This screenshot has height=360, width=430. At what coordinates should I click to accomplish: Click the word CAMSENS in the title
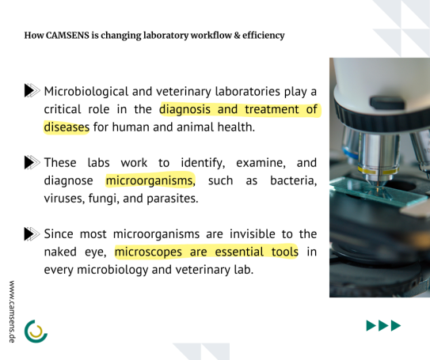67,36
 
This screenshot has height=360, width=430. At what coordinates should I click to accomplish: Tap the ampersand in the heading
237,36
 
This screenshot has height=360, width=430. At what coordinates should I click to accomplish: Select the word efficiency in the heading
263,36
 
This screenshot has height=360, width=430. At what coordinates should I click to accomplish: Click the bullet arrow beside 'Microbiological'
32,90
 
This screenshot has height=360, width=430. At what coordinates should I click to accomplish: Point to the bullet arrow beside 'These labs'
32,162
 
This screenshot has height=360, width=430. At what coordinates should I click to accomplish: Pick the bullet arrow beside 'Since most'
32,233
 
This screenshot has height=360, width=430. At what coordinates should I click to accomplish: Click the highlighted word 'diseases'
67,127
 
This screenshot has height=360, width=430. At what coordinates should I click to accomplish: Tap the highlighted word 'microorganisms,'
150,180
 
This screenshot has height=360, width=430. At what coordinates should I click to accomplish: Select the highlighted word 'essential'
239,252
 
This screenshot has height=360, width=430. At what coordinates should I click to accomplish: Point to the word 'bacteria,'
294,180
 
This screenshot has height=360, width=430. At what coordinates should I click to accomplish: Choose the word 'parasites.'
173,199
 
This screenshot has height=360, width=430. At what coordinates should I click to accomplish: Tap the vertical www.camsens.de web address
12,312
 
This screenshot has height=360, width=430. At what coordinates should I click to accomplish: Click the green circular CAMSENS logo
36,332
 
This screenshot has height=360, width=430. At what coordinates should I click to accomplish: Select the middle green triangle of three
383,325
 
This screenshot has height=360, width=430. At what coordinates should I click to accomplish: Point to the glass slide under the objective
379,191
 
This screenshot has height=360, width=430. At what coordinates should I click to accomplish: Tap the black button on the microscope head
387,103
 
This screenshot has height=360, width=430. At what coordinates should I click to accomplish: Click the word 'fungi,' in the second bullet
104,199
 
